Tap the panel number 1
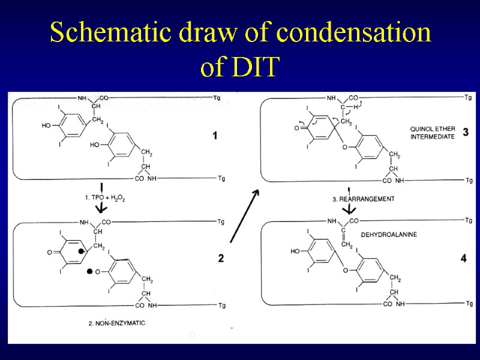[215, 136]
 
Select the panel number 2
[221, 259]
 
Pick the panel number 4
[463, 259]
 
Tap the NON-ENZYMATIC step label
[117, 323]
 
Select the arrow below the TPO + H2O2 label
[102, 206]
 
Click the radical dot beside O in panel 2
[90, 271]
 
